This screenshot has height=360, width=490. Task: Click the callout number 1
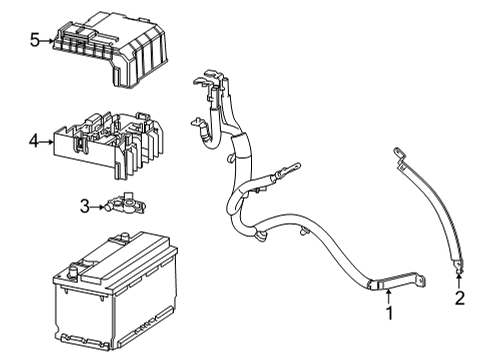(x=390, y=315)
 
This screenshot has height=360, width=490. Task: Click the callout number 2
(x=460, y=298)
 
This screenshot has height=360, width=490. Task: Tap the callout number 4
(x=33, y=142)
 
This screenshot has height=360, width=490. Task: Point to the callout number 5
(x=34, y=41)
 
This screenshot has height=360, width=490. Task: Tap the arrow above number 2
(x=460, y=281)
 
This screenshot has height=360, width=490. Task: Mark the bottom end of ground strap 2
(x=459, y=267)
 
